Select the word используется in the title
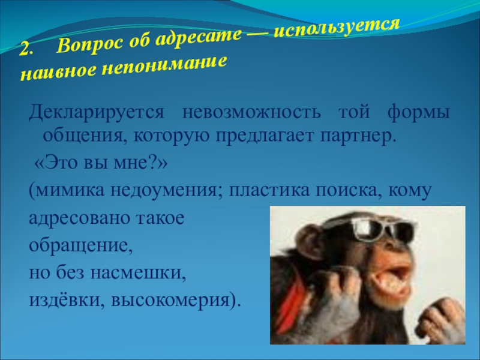337,28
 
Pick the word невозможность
251,113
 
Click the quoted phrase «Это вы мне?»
101,163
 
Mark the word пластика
269,190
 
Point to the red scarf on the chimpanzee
293,294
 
